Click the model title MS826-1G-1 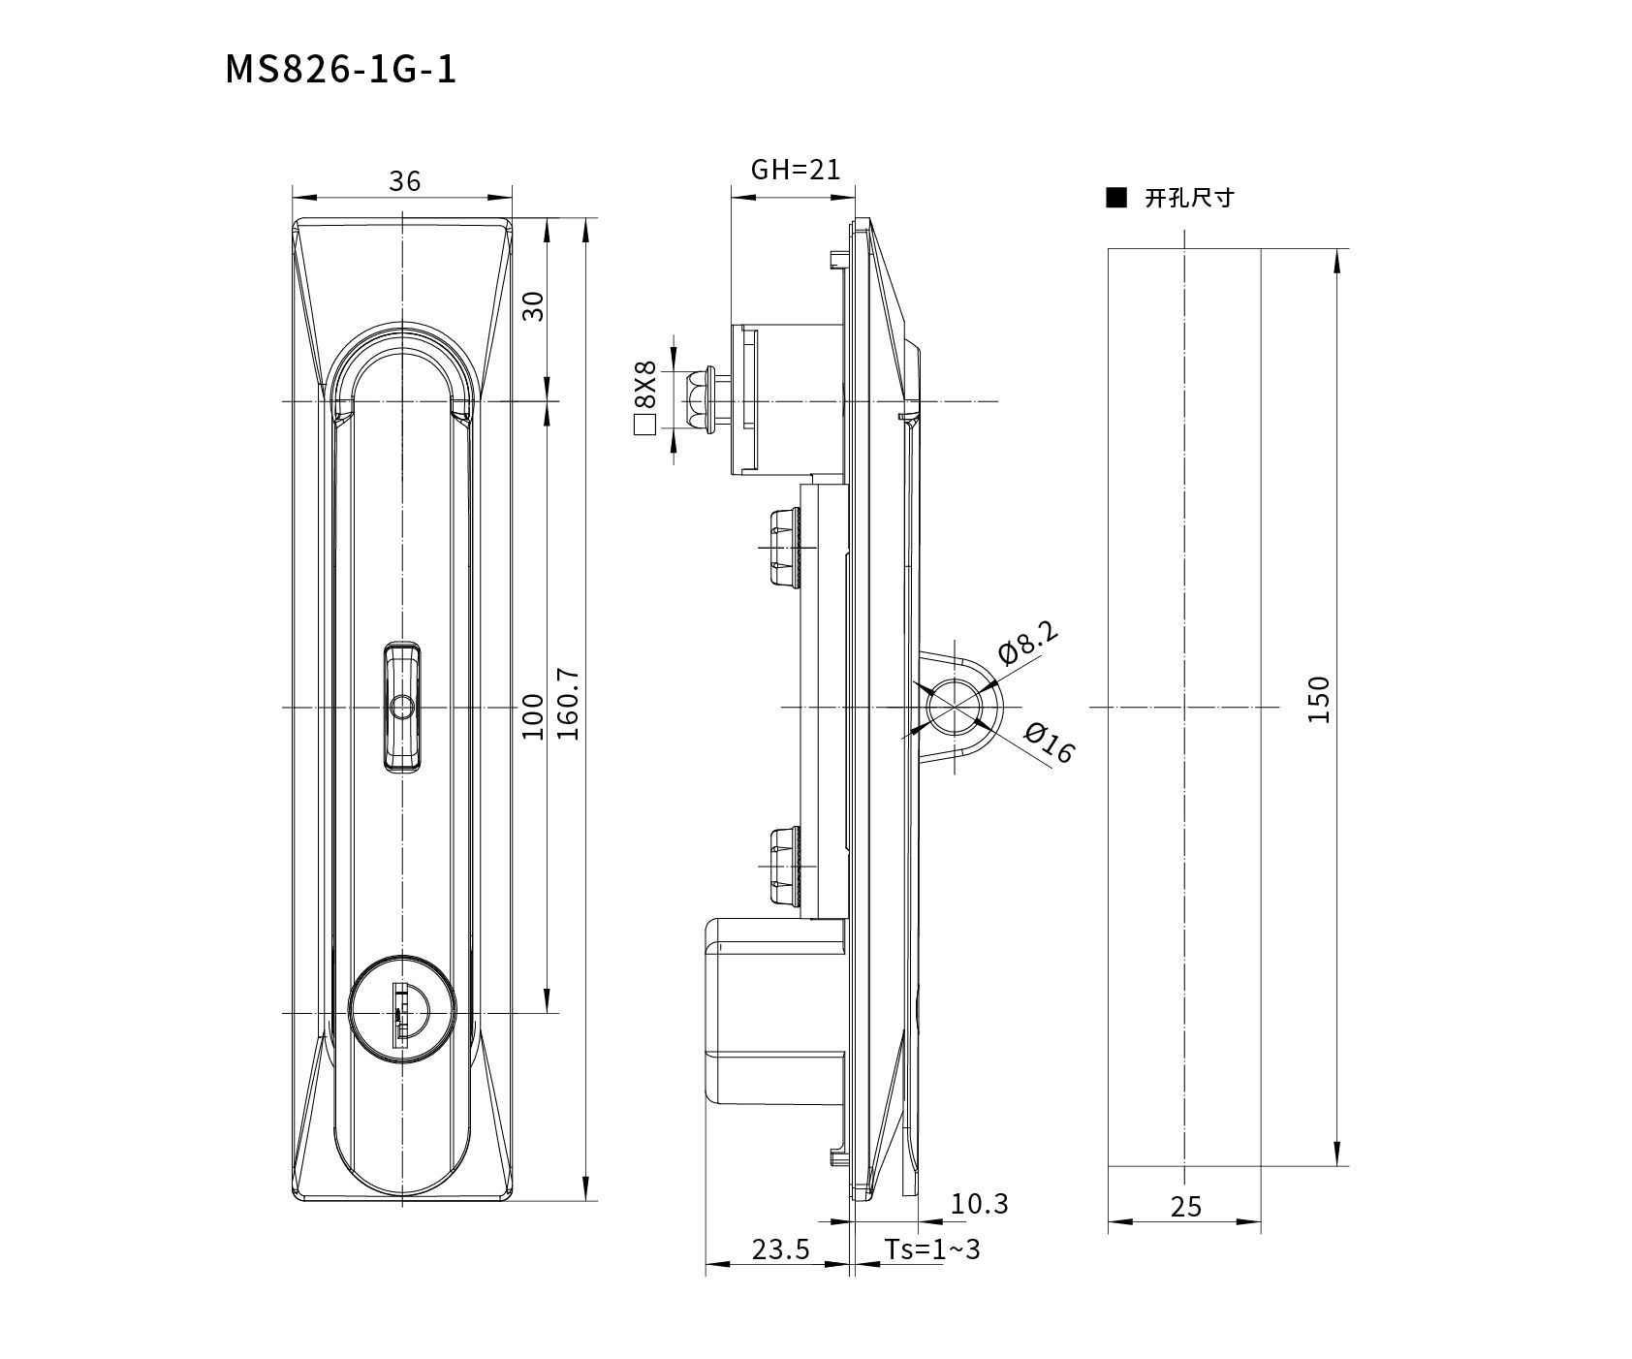(340, 70)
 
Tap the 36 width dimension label (404, 181)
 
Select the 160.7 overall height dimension (569, 704)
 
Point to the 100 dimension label (533, 716)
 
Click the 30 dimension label (533, 306)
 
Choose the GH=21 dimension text (796, 170)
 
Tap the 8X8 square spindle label (644, 384)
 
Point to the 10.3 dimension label (980, 1204)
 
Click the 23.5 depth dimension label (780, 1249)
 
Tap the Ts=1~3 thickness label (931, 1249)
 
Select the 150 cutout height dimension (1319, 699)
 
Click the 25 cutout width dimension (1185, 1207)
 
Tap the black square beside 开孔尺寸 (1116, 199)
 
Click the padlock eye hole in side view (955, 707)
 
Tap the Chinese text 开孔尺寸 (1189, 199)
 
